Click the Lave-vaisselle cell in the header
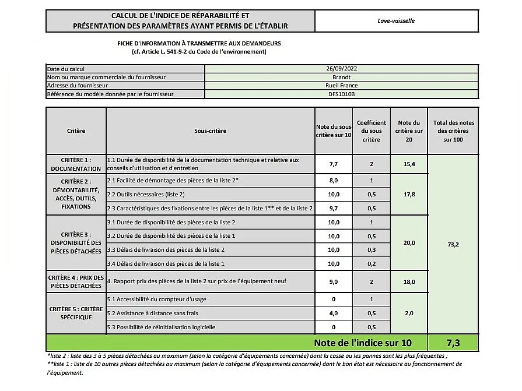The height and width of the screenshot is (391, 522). (396, 21)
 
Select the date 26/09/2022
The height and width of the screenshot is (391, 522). (341, 69)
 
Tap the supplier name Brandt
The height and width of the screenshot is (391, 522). (341, 77)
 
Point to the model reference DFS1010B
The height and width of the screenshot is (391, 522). (341, 94)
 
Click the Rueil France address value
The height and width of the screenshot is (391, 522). (341, 85)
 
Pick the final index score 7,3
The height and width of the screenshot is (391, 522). (453, 343)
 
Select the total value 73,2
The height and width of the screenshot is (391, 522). (453, 245)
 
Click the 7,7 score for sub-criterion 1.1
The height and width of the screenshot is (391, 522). (334, 164)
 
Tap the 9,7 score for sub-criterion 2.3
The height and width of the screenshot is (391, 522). (334, 208)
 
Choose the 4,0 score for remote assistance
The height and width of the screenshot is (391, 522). (334, 313)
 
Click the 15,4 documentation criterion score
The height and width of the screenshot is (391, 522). (408, 164)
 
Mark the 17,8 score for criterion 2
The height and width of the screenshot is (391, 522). (408, 194)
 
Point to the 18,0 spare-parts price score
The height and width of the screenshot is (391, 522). (408, 282)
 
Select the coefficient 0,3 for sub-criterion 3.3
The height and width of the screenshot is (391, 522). (371, 250)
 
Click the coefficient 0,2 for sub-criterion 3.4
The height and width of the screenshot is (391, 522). (371, 264)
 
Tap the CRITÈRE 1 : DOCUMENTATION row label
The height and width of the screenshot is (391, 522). (76, 164)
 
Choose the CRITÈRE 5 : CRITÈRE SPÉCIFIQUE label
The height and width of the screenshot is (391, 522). (76, 313)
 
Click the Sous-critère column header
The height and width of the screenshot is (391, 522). (210, 131)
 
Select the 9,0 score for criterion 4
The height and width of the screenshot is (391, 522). (334, 282)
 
